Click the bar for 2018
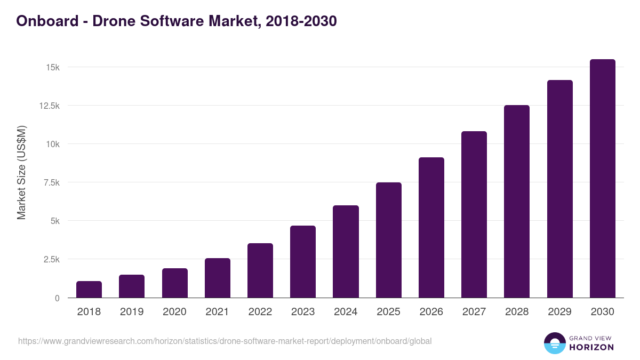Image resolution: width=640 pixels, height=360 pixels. tap(89, 289)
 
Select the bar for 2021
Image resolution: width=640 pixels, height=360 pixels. tap(218, 278)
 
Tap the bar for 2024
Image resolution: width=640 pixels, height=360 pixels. tap(346, 251)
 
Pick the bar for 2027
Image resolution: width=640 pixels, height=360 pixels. tap(474, 214)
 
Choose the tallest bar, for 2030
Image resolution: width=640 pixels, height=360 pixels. tap(602, 178)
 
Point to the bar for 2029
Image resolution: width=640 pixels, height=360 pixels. tap(559, 189)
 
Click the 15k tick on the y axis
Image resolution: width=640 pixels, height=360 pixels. tap(52, 68)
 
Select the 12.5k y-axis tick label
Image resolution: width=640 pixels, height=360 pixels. tap(49, 106)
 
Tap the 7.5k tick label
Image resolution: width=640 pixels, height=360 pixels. tap(51, 183)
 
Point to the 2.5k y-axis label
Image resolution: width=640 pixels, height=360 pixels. tap(51, 260)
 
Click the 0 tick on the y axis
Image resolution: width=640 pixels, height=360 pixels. tap(57, 298)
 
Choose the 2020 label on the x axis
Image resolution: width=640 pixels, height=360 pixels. tap(174, 312)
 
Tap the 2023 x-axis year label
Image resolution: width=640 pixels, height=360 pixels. tap(303, 312)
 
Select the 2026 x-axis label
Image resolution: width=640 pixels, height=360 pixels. tap(431, 312)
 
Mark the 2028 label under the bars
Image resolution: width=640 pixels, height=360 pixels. tap(517, 312)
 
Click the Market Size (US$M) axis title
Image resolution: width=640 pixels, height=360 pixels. tap(21, 172)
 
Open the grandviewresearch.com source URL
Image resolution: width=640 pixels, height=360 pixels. tap(225, 341)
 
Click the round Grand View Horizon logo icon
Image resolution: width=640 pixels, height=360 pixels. tap(555, 343)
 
